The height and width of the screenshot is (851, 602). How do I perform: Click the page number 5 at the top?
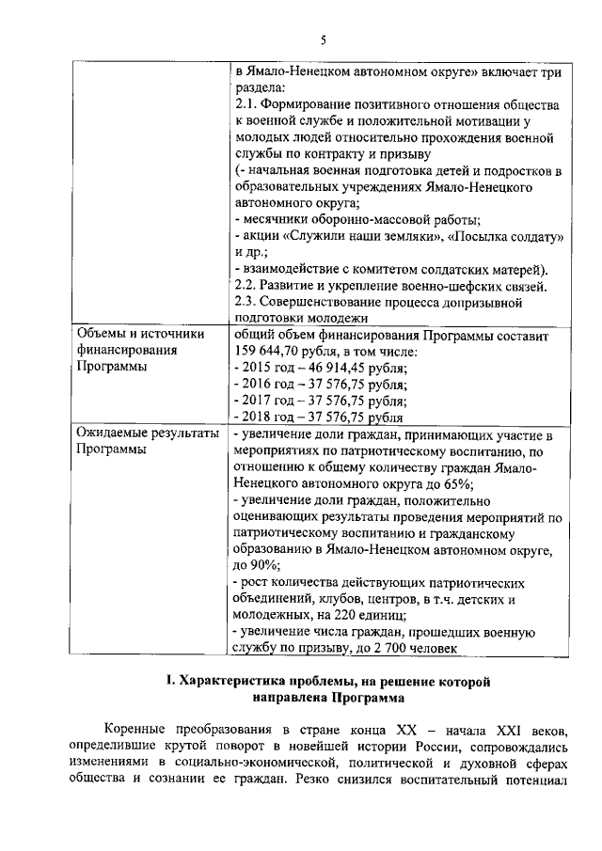pyautogui.click(x=323, y=39)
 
